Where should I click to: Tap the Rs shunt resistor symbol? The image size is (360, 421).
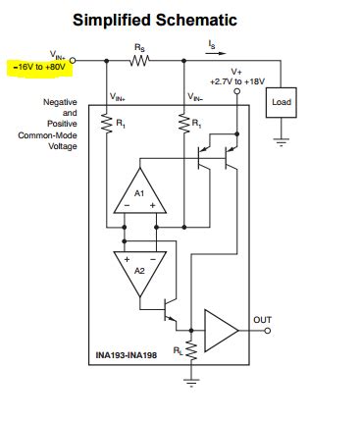[x=138, y=60]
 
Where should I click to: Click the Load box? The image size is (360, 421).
[x=282, y=101]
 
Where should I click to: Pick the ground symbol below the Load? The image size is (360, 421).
[x=282, y=140]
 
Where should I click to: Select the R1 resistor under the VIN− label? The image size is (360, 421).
[x=183, y=126]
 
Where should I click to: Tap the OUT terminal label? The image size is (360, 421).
[x=262, y=320]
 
